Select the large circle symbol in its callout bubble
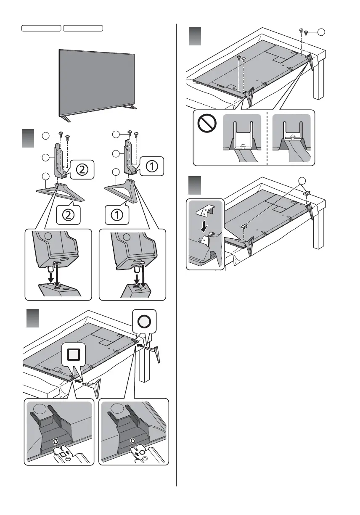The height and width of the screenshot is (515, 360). point(144,322)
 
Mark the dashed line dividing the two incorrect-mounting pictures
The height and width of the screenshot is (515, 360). point(267,139)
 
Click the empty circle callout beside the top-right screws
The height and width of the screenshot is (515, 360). point(321,32)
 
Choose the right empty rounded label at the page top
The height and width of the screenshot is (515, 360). point(83,28)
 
